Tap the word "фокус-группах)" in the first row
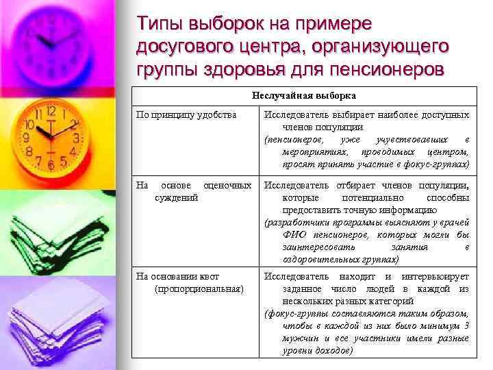[436, 164]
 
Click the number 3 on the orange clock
[76, 138]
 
